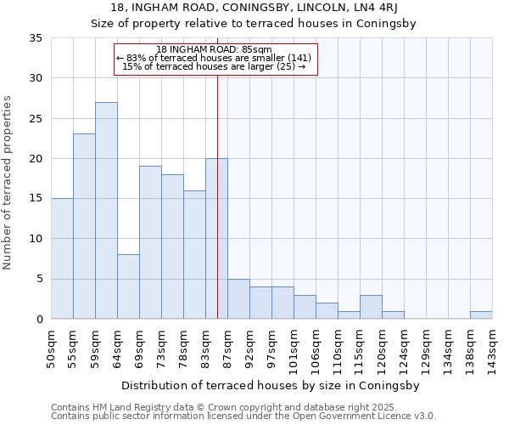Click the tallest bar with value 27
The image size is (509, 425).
[x=106, y=211]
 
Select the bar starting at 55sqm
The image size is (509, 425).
[x=84, y=226]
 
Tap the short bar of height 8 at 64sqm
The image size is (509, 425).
[x=128, y=286]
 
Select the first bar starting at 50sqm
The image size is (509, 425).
[x=62, y=258]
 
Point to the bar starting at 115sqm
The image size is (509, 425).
[x=371, y=307]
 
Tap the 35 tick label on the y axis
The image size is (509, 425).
[x=35, y=38]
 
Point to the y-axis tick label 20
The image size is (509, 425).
[x=35, y=159]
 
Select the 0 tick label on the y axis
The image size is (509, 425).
[x=38, y=320]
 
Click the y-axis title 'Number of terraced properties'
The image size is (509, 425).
[x=8, y=182]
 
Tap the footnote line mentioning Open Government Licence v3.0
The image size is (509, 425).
[x=243, y=416]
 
